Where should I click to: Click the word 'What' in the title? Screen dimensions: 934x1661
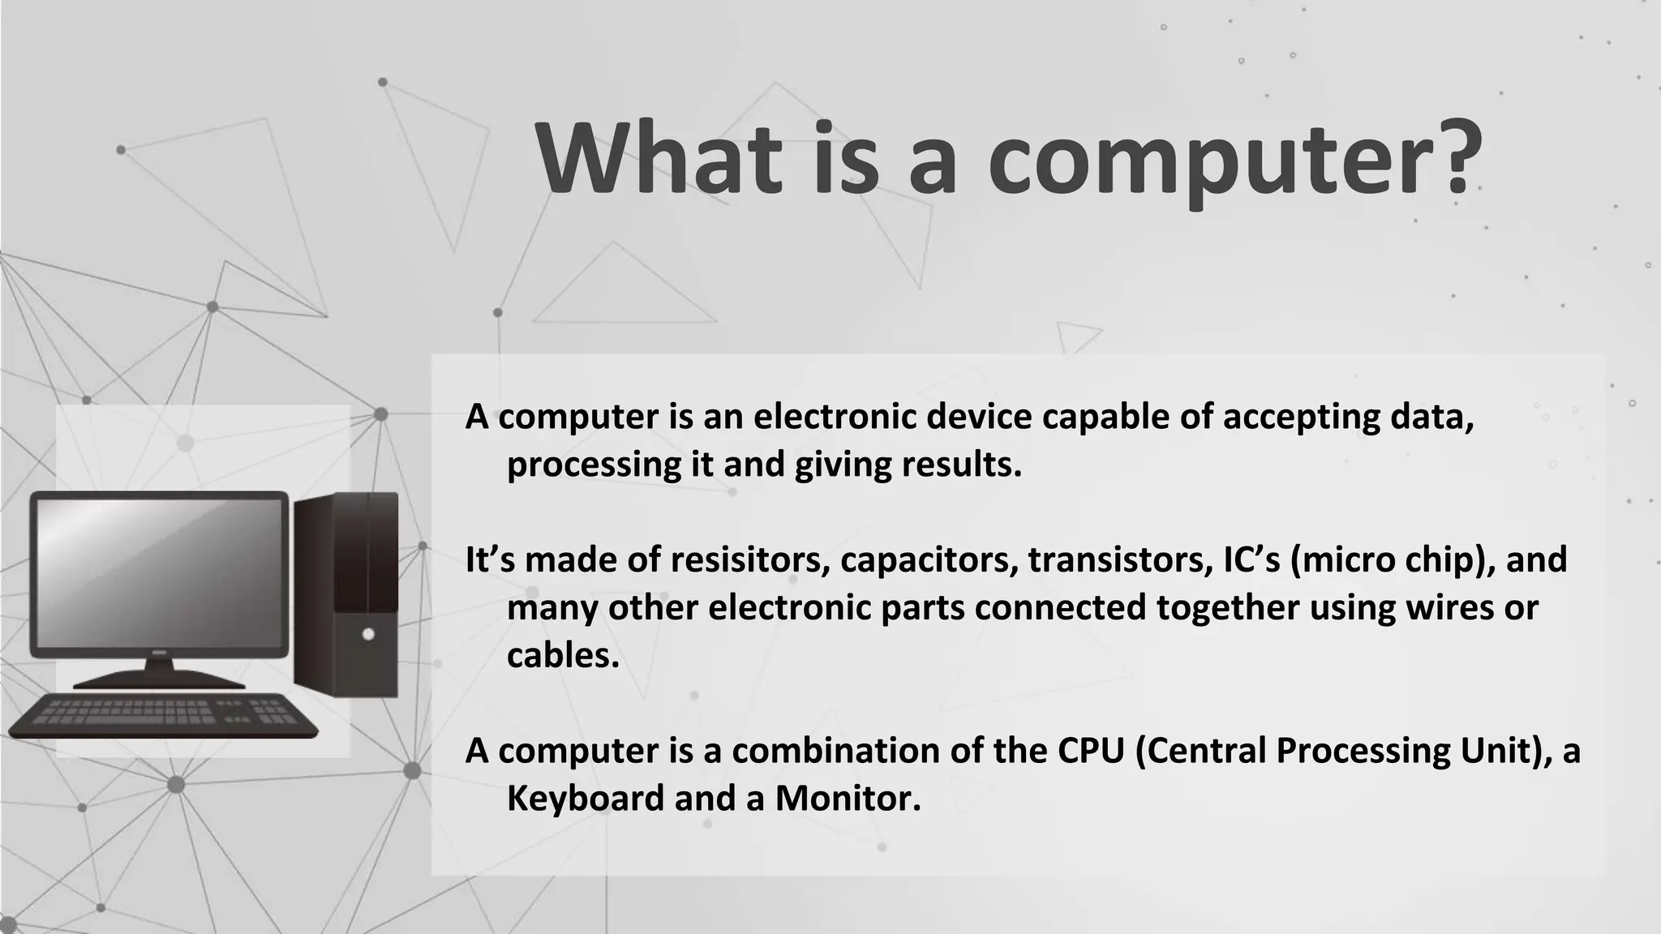pyautogui.click(x=658, y=158)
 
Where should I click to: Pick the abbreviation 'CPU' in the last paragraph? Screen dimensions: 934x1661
pyautogui.click(x=1091, y=751)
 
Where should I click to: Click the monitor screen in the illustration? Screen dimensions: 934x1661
pyautogui.click(x=160, y=572)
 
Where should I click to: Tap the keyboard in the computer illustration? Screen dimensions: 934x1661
pyautogui.click(x=162, y=715)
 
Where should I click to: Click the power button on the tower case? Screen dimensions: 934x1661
pyautogui.click(x=368, y=634)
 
